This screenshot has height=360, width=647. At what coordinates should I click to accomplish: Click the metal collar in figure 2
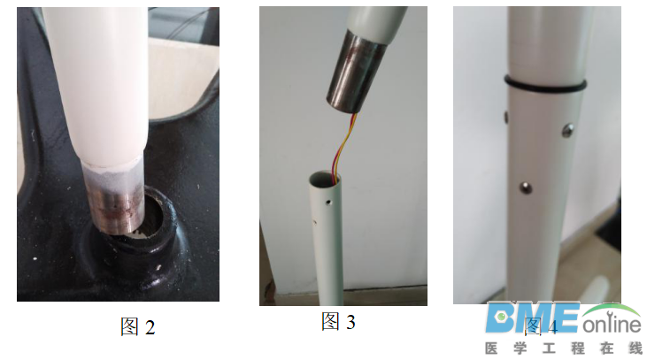pos(112,196)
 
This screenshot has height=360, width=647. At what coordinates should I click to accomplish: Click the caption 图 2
pos(137,326)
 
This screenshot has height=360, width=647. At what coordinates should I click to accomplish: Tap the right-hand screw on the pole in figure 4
pos(569,131)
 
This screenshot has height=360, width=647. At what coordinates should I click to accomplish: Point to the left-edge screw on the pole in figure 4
pos(505,115)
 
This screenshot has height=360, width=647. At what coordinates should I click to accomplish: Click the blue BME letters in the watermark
pos(532,318)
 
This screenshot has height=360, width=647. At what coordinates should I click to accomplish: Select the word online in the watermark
pos(611,322)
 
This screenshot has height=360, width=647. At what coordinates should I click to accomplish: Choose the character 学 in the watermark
pos(528,349)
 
